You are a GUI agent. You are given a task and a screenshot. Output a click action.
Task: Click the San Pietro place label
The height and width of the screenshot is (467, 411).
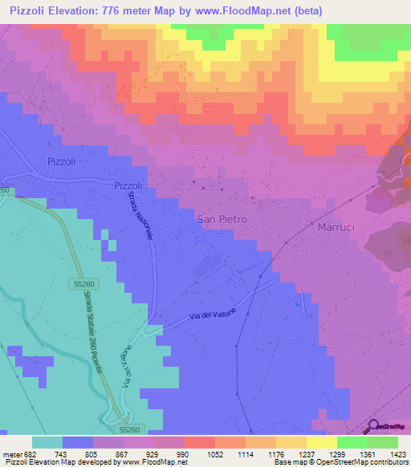(x=222, y=218)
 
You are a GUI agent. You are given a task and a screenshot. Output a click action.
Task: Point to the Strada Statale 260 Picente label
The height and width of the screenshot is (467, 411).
(x=94, y=331)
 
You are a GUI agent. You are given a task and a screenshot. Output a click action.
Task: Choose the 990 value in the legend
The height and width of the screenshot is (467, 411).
(x=183, y=453)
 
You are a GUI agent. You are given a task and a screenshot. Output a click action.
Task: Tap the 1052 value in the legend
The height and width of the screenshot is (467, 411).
(x=214, y=453)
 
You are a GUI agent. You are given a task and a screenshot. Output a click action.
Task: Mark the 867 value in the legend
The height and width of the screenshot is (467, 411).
(x=123, y=453)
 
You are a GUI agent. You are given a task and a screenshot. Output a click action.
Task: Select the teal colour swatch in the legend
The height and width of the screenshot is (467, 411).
(x=47, y=442)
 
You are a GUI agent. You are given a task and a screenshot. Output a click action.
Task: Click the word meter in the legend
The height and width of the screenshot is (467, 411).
(x=11, y=453)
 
